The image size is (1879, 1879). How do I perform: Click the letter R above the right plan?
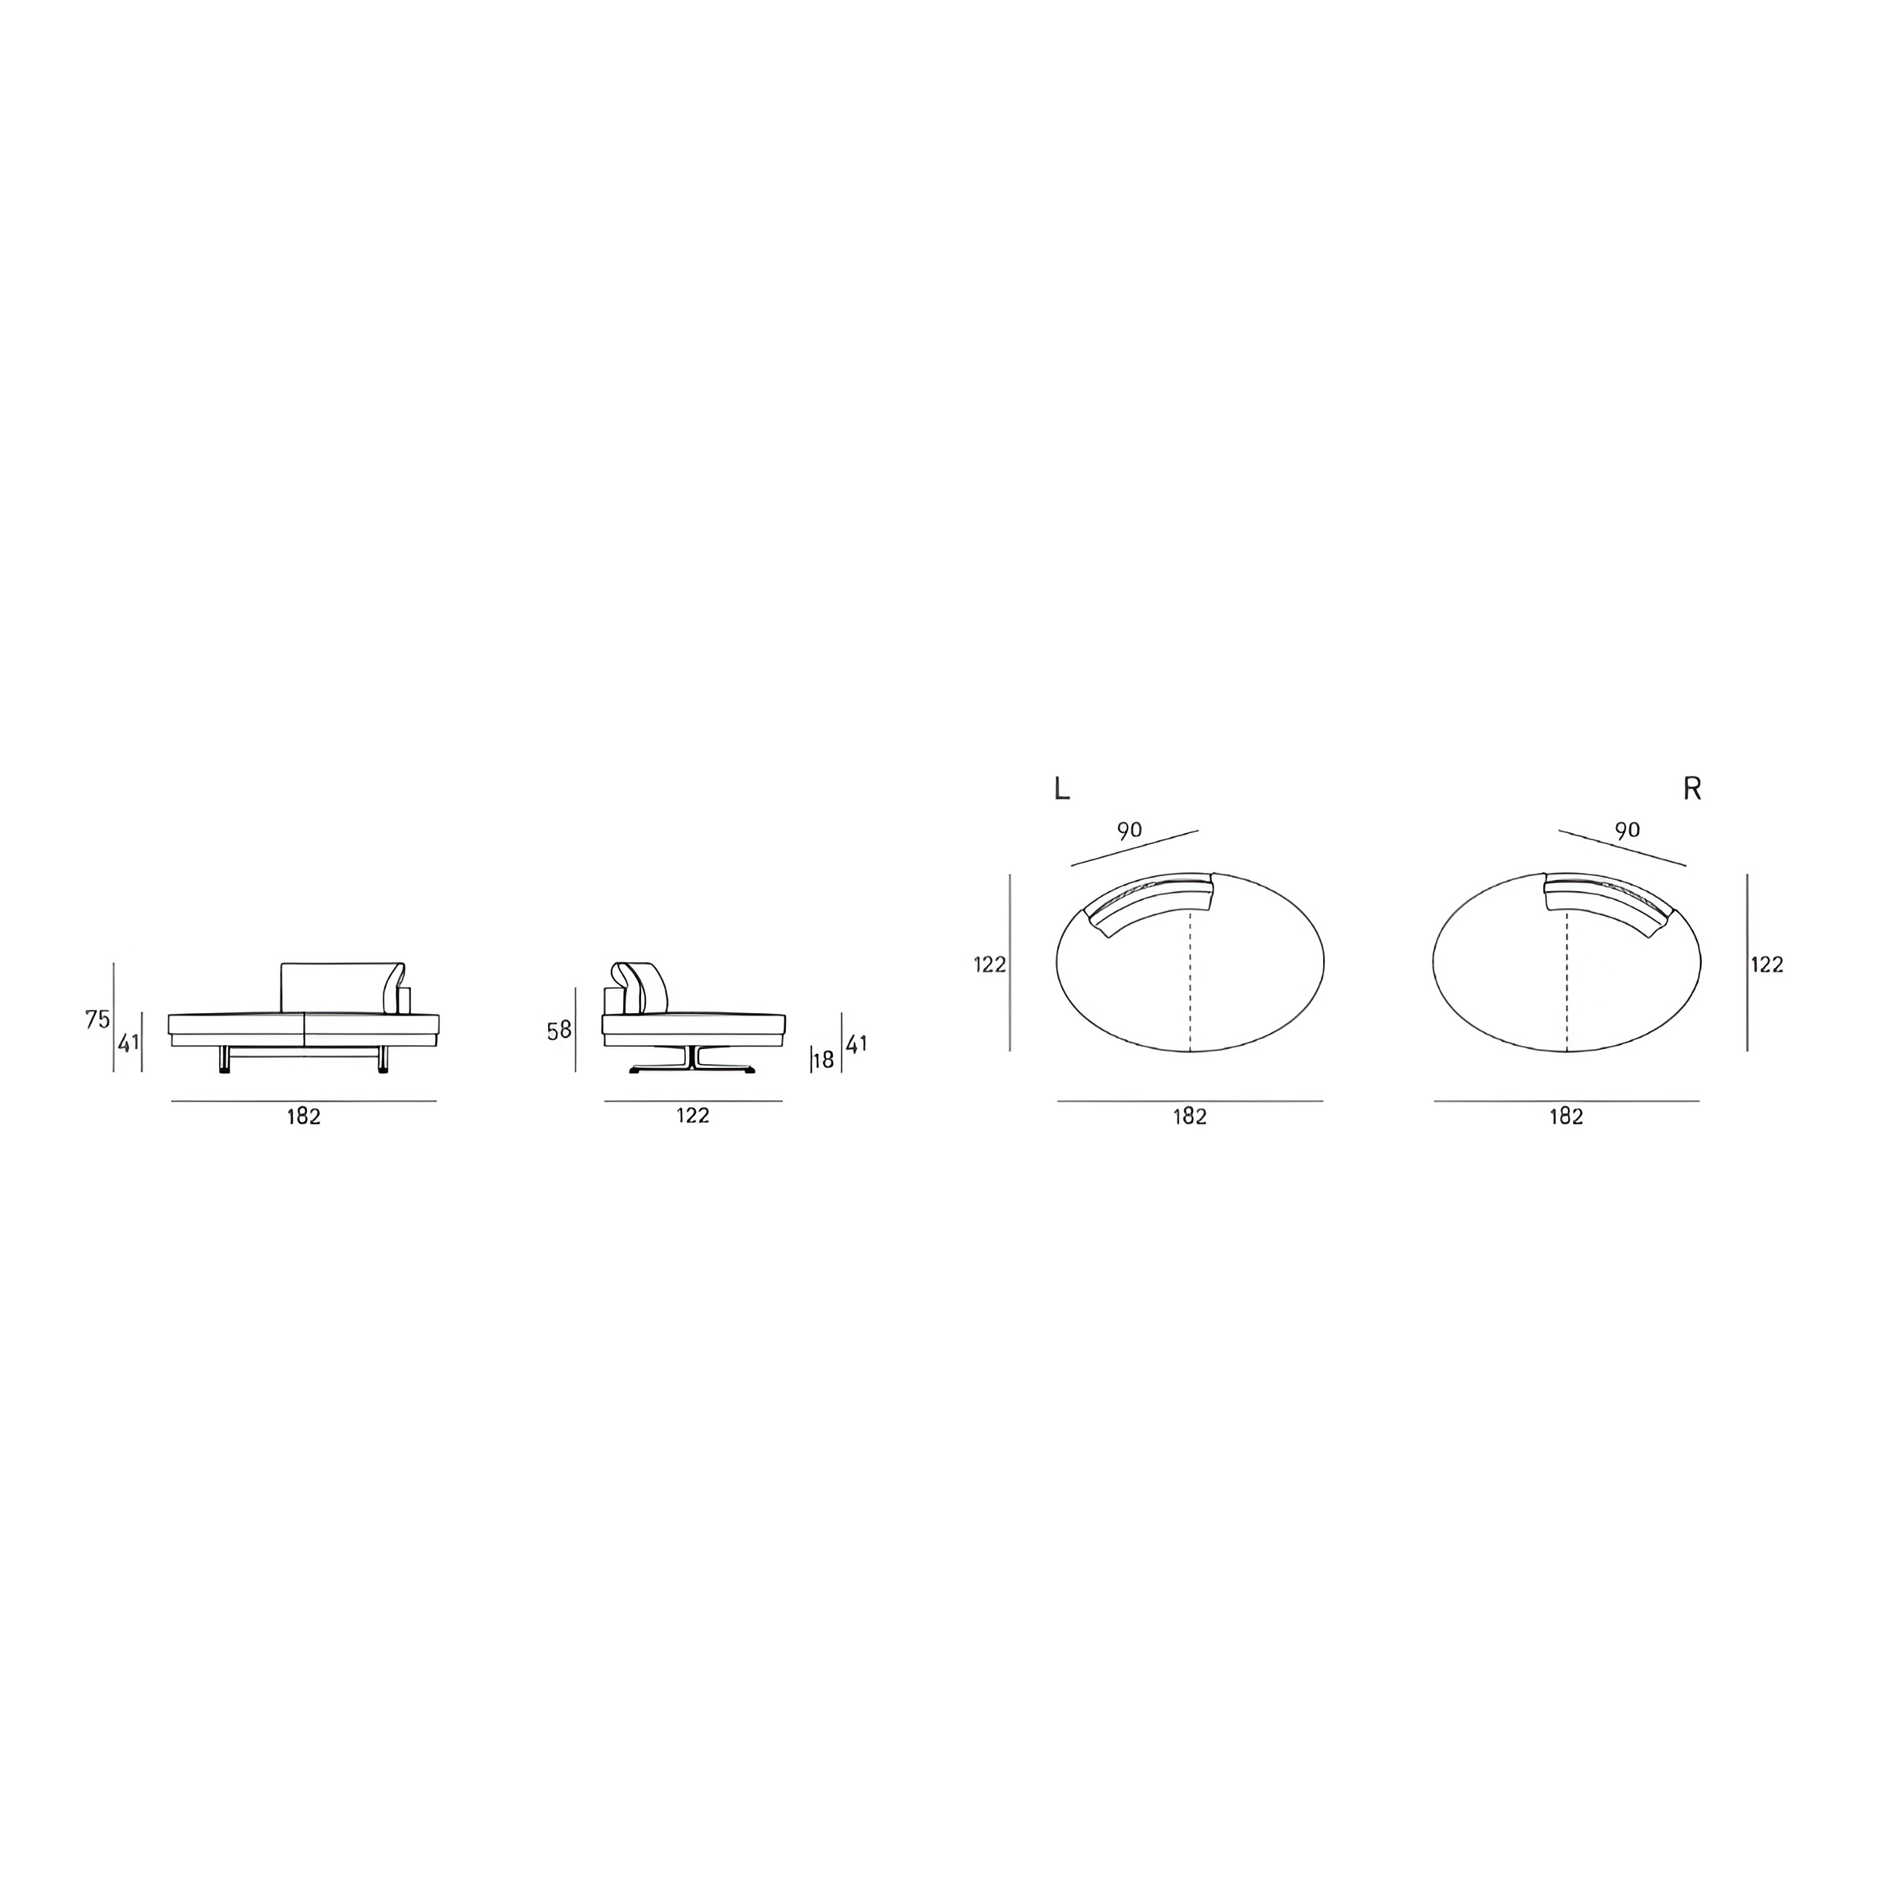(1692, 788)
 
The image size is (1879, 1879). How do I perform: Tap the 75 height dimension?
(97, 1019)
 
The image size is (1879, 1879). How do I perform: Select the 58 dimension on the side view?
(559, 1030)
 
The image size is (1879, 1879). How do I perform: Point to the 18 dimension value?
(824, 1060)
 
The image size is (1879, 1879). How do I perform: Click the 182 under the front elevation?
(304, 1116)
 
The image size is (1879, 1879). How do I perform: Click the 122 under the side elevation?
(694, 1116)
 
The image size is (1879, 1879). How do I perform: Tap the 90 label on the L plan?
(1129, 831)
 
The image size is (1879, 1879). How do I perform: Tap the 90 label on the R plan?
(1627, 830)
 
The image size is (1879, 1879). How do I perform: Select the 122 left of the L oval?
(990, 965)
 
